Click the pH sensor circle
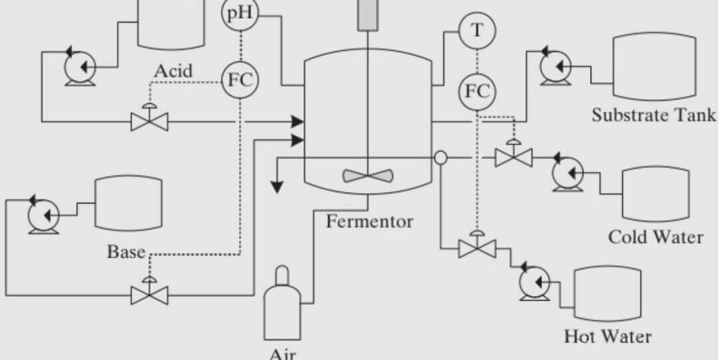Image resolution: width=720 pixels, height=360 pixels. click(x=239, y=15)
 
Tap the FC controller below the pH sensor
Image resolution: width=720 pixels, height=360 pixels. click(x=239, y=79)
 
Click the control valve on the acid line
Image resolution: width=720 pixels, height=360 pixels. click(x=149, y=121)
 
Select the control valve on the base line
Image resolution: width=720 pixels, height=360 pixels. click(x=149, y=293)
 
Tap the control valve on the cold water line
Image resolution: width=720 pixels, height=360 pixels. click(x=513, y=157)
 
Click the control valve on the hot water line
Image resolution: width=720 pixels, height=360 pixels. click(x=477, y=249)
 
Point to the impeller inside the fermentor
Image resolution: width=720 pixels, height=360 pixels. click(x=367, y=175)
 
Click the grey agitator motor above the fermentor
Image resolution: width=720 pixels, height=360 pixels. click(x=367, y=15)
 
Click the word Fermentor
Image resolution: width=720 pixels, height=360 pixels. click(x=369, y=221)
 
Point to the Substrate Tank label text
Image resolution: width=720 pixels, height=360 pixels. click(x=654, y=115)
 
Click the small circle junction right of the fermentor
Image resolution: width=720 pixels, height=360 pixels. click(x=441, y=157)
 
